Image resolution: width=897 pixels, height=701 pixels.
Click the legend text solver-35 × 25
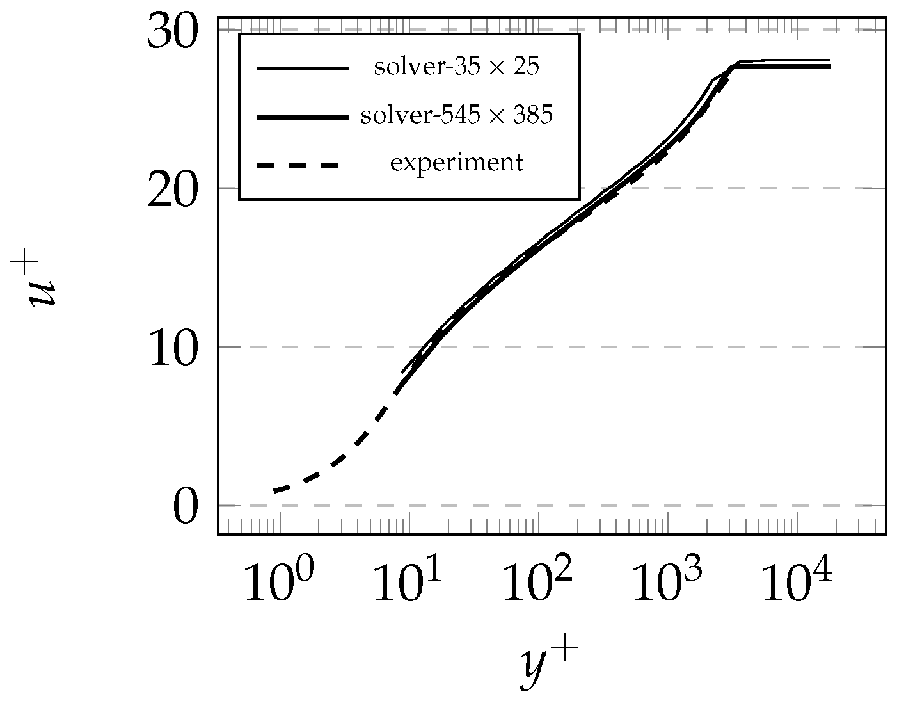pyautogui.click(x=456, y=67)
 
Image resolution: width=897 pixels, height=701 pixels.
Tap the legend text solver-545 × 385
pyautogui.click(x=456, y=116)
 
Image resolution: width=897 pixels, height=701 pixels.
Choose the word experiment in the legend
pyautogui.click(x=456, y=163)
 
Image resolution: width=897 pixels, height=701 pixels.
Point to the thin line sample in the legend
pyautogui.click(x=302, y=68)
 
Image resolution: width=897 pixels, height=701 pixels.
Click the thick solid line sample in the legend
pyautogui.click(x=302, y=117)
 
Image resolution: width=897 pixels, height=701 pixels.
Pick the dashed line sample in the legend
pyautogui.click(x=298, y=165)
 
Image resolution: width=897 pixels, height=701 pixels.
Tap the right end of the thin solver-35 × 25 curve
pyautogui.click(x=829, y=60)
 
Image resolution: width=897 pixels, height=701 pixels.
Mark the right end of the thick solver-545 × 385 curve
pyautogui.click(x=829, y=67)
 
